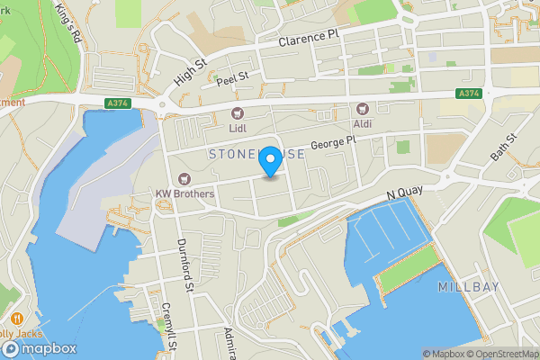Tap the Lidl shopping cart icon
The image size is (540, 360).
238,112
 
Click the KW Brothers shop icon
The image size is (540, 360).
184,178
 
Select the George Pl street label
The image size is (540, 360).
335,143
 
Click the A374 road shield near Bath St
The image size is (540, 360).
467,94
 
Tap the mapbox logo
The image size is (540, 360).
40,348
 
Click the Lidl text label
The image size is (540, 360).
238,128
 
